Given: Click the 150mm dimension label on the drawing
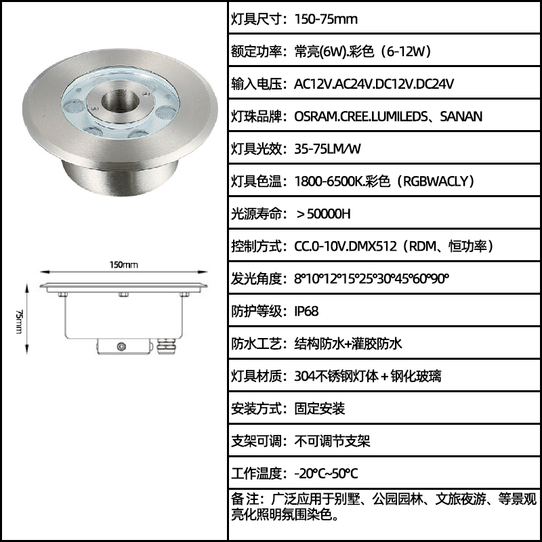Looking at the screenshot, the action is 123,265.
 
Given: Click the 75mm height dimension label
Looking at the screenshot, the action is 19,321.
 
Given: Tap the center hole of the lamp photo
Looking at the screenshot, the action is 120,102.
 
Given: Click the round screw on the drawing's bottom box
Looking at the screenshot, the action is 121,346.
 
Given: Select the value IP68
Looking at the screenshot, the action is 306,311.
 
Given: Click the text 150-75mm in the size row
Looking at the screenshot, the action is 326,19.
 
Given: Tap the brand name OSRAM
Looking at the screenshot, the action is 316,117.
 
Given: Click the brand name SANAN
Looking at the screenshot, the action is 461,117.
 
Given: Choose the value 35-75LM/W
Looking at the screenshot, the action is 327,149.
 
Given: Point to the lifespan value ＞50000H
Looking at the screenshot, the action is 323,214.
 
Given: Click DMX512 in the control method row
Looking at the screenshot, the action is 372,247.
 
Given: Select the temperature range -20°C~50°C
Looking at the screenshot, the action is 326,474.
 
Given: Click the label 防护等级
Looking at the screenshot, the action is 257,311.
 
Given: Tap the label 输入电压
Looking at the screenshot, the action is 257,84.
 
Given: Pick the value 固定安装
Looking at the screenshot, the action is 319,409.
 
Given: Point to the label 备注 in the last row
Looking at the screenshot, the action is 244,499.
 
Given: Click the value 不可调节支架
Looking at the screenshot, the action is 332,441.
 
